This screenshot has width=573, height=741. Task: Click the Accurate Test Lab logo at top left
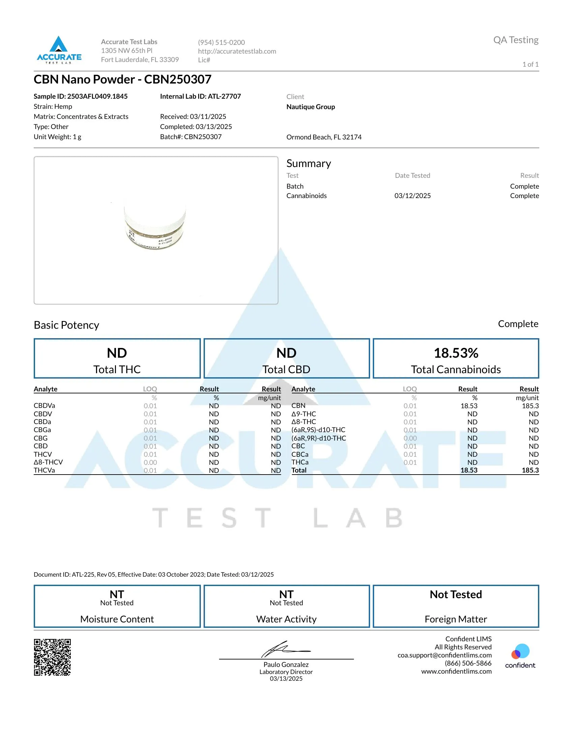59,50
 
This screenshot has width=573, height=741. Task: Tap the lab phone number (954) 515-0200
221,42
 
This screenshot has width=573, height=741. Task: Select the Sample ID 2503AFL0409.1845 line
81,96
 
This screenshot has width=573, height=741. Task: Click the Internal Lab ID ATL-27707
200,96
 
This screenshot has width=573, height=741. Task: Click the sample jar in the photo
155,224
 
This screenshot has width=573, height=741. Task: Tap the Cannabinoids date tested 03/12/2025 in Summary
413,196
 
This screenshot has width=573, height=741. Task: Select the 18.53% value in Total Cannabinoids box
456,353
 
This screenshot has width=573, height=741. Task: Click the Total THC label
117,369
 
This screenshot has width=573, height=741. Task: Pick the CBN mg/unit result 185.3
530,406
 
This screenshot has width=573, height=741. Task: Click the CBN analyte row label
298,406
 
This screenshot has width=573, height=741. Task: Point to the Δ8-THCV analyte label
48,462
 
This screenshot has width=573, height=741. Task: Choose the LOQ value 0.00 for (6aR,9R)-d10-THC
410,438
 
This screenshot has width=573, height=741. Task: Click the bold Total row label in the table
299,471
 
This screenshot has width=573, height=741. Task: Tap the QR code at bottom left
52,657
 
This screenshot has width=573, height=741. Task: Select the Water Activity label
286,619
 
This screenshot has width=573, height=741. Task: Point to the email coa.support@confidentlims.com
444,655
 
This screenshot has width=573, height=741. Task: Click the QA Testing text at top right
516,40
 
